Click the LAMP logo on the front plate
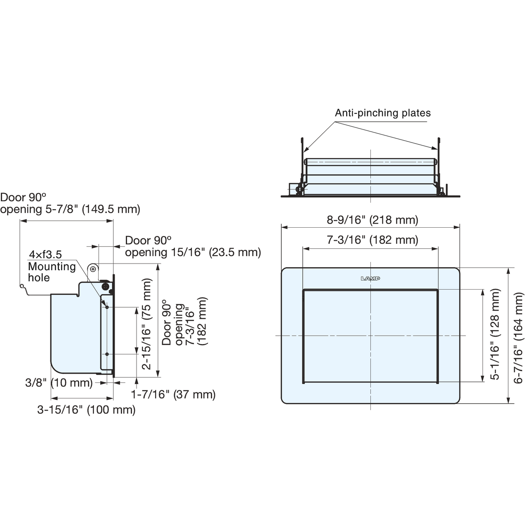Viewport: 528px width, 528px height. tap(370, 279)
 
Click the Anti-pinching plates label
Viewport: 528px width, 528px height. tap(382, 113)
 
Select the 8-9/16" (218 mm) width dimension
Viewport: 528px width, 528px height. tap(372, 220)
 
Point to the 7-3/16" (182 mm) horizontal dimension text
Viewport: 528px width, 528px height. tap(372, 240)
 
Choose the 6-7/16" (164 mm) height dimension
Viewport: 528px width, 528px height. tap(518, 338)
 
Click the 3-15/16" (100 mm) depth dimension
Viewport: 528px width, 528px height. tap(86, 410)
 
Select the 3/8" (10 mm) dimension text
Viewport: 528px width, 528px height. tap(59, 382)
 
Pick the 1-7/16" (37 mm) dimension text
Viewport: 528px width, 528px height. tap(173, 394)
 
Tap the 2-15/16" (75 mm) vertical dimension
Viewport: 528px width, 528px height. tap(146, 324)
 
